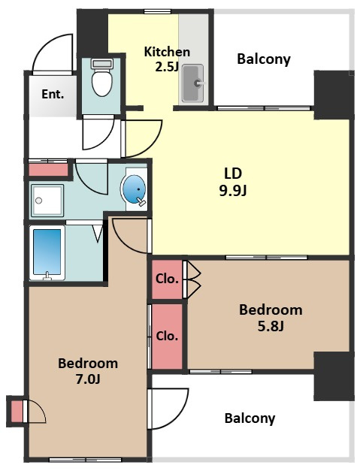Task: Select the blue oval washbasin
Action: (x=134, y=189)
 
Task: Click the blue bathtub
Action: (x=47, y=252)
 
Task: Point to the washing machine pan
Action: (x=47, y=201)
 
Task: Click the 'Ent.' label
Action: (x=53, y=95)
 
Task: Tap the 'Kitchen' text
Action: (x=167, y=52)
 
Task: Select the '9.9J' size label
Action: (x=233, y=191)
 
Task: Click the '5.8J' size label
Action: (x=271, y=325)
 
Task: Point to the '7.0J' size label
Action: (x=88, y=379)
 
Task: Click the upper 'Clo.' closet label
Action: (x=167, y=279)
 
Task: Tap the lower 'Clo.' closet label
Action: (x=167, y=336)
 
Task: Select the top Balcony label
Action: (x=264, y=59)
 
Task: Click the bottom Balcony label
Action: (x=250, y=418)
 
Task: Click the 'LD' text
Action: (x=233, y=173)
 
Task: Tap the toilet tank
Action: (x=102, y=63)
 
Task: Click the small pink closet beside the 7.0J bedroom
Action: (x=17, y=411)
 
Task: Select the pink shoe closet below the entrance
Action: (x=48, y=170)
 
